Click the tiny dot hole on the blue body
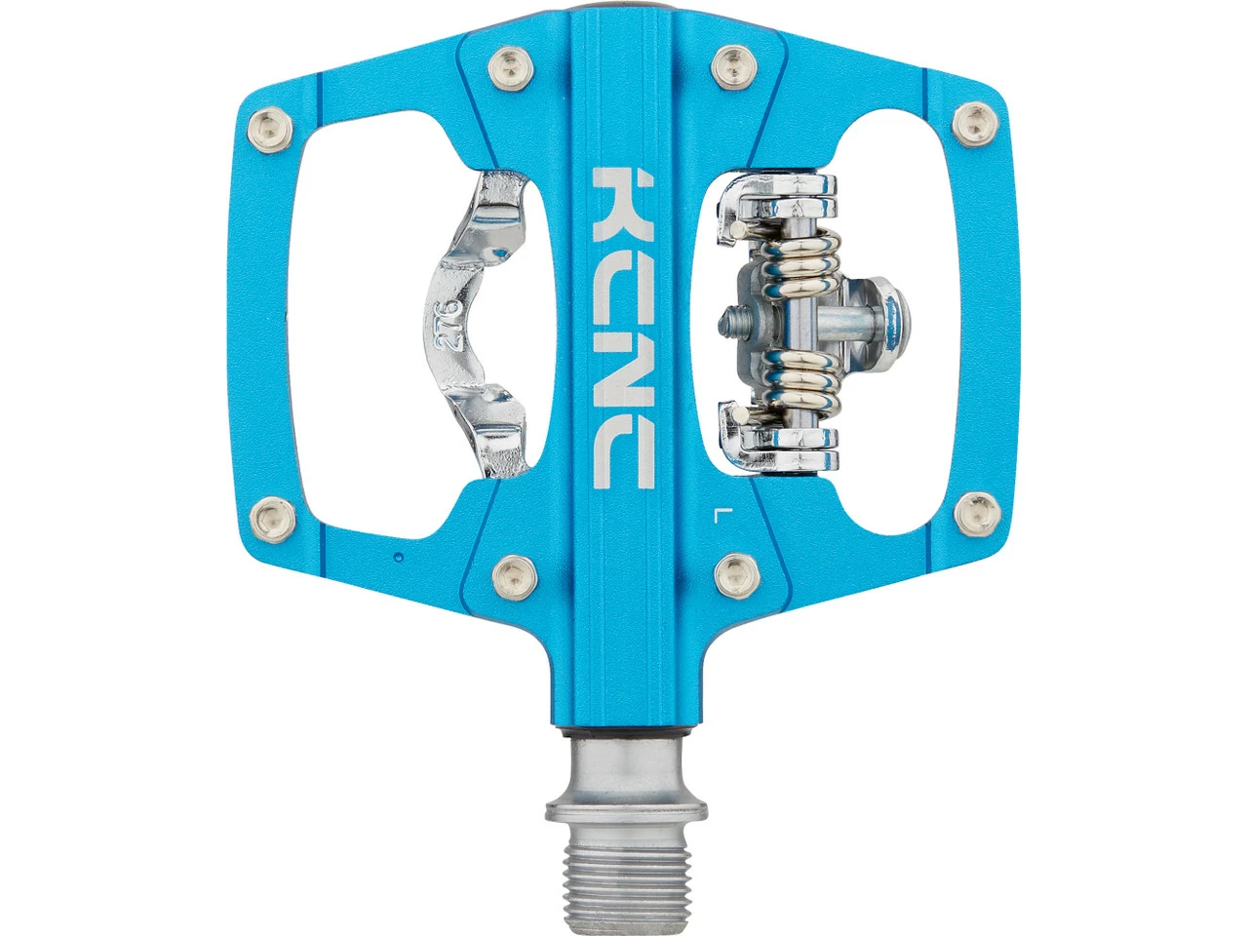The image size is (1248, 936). pos(399,557)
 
